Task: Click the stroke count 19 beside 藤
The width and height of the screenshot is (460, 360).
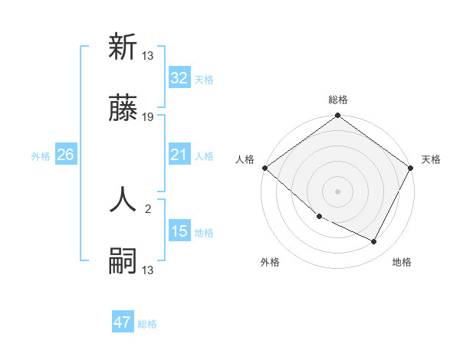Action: (x=148, y=118)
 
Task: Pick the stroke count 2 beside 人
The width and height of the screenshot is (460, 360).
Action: (x=148, y=208)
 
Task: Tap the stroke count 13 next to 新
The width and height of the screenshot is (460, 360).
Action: (x=148, y=54)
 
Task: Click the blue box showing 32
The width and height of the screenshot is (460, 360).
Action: (x=179, y=77)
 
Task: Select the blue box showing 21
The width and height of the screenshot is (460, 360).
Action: (x=179, y=155)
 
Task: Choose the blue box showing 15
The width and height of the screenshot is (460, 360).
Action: (x=179, y=231)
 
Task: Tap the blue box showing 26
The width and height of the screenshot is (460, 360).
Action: (x=65, y=155)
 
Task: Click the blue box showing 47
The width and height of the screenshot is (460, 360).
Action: (x=123, y=322)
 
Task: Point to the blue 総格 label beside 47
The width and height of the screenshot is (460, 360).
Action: (x=148, y=324)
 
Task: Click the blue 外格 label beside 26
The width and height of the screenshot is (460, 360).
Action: (x=41, y=155)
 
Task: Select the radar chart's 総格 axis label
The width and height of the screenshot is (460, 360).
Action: (x=338, y=100)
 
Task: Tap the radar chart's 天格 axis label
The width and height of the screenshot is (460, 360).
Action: (x=432, y=159)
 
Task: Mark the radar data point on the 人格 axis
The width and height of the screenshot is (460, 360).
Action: (x=264, y=168)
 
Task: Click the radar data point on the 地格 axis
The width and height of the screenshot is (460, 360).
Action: (x=374, y=242)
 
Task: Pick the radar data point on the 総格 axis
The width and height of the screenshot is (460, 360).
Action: (x=338, y=116)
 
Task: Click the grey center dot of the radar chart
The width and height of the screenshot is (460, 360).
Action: (x=338, y=191)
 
